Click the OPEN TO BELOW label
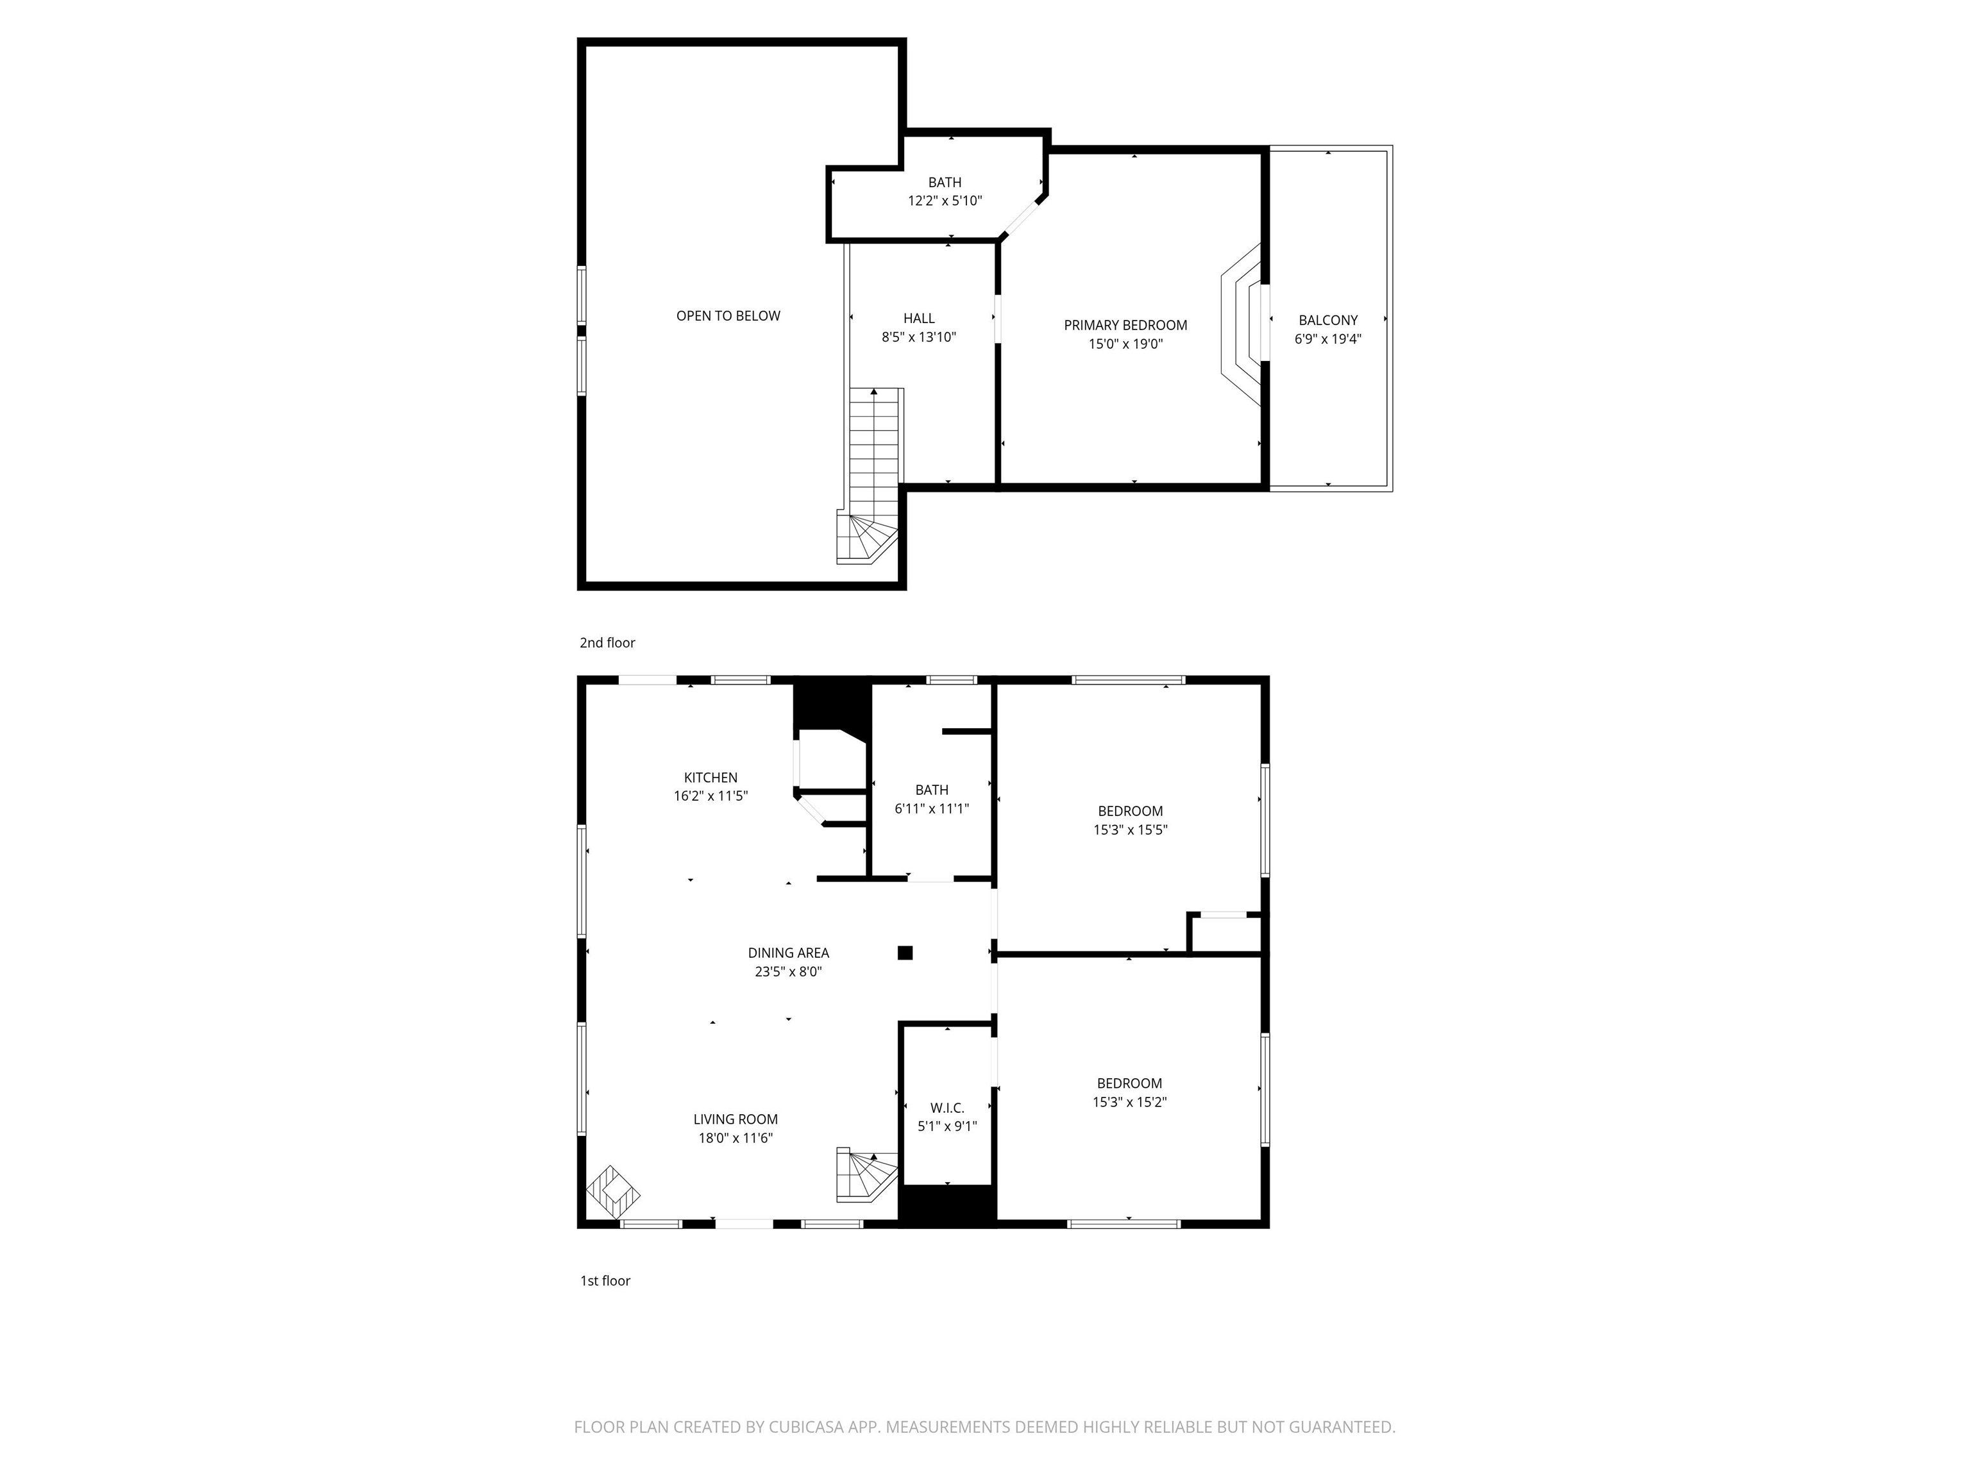pyautogui.click(x=728, y=316)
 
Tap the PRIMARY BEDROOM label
pyautogui.click(x=1125, y=325)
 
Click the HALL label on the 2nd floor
pyautogui.click(x=919, y=318)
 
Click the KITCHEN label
pyautogui.click(x=711, y=777)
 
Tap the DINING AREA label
pyautogui.click(x=788, y=953)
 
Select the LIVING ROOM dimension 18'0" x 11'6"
pyautogui.click(x=736, y=1138)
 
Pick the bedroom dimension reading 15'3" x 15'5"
pyautogui.click(x=1130, y=830)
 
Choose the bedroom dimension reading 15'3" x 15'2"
pyautogui.click(x=1129, y=1102)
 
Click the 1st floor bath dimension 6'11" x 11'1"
pyautogui.click(x=932, y=808)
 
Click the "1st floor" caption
pyautogui.click(x=605, y=1281)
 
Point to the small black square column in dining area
pyautogui.click(x=905, y=953)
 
